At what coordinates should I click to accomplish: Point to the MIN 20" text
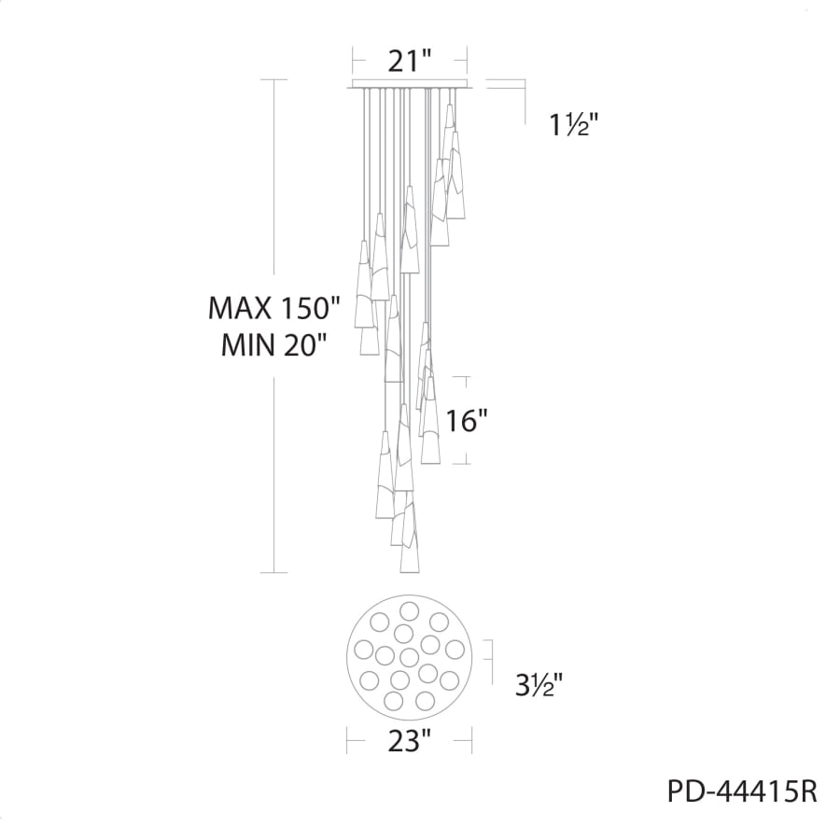click(274, 346)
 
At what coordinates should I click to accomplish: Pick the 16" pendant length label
click(467, 421)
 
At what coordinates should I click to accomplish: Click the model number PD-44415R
click(742, 792)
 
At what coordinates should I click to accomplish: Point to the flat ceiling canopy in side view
click(411, 88)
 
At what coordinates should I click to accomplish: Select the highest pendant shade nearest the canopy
click(450, 121)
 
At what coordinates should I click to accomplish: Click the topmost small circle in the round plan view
click(409, 611)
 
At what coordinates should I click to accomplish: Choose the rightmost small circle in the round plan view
click(455, 649)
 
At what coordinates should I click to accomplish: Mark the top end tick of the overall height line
click(273, 80)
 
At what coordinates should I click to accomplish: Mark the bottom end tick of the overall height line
click(273, 572)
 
